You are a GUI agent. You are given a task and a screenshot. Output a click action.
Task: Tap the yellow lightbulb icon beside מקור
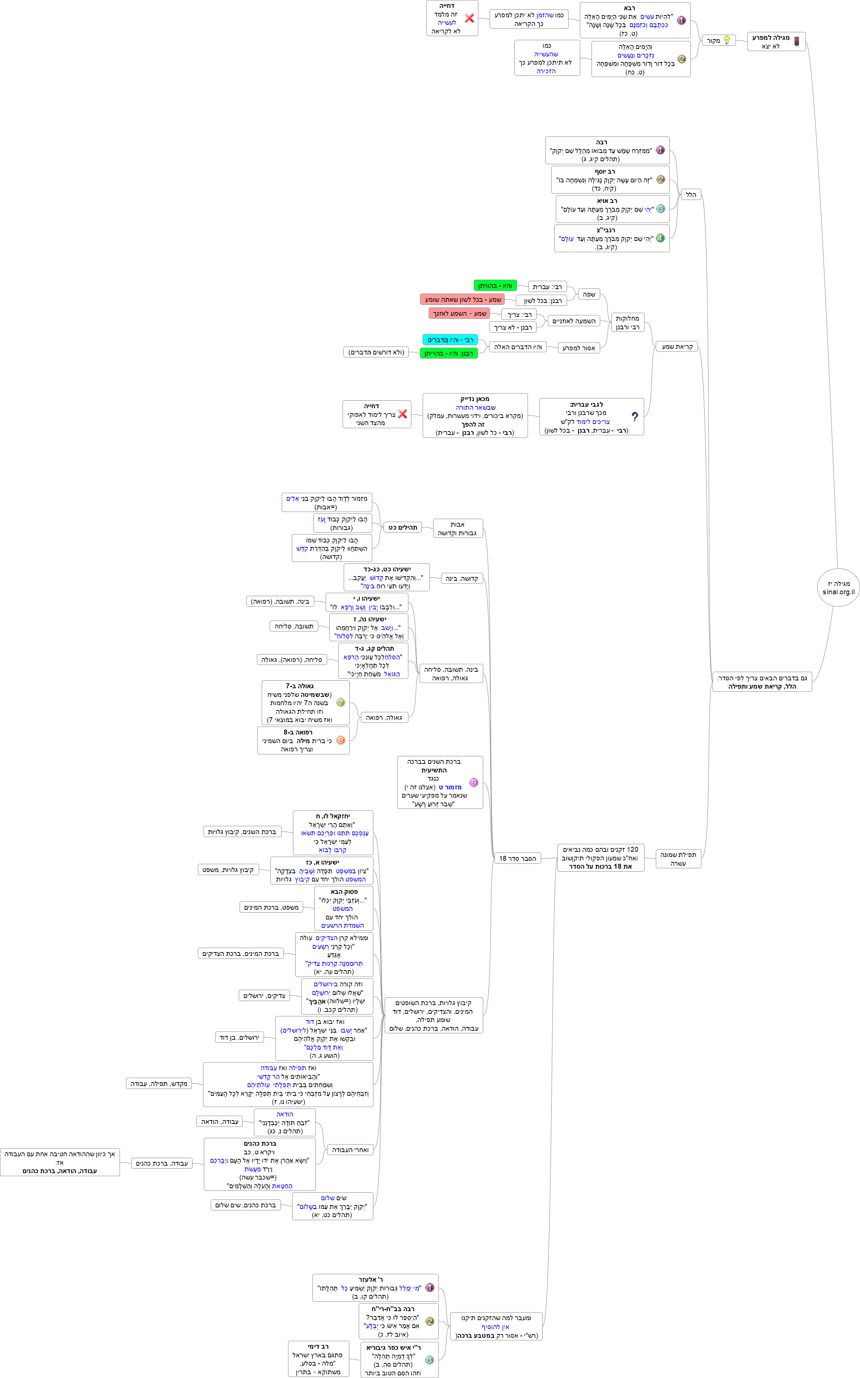[x=727, y=40]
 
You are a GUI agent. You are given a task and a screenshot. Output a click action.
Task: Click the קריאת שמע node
[x=677, y=347]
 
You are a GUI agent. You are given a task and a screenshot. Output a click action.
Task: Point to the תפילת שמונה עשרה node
[x=678, y=859]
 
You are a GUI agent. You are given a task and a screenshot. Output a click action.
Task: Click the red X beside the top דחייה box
[x=469, y=18]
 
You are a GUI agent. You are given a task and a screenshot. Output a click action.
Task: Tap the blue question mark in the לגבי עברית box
[x=635, y=417]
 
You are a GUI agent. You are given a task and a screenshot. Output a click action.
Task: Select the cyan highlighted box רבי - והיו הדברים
[x=450, y=340]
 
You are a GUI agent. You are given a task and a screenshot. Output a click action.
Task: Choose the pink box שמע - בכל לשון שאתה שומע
[x=463, y=300]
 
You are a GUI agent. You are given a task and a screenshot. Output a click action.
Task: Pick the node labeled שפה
[x=589, y=294]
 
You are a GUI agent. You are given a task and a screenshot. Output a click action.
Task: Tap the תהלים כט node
[x=403, y=527]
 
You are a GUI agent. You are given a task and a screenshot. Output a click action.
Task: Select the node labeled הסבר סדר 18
[x=517, y=859]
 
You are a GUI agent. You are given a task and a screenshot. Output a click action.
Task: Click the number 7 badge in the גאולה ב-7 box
[x=340, y=703]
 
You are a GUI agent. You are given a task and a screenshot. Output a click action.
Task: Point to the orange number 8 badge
[x=340, y=740]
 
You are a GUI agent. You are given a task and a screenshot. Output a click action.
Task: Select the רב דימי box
[x=318, y=1359]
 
